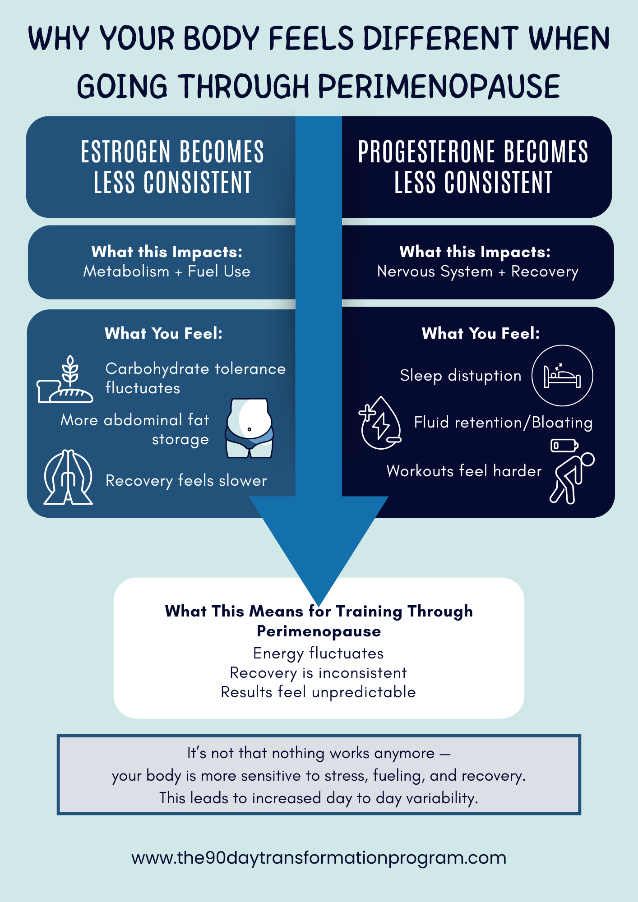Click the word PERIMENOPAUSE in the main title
coord(439,87)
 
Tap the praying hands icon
coord(68,477)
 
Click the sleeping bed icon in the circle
coord(562,376)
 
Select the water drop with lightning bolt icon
coord(380,423)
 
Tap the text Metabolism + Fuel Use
coord(167,272)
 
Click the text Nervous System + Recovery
coord(477,272)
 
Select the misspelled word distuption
coord(484,376)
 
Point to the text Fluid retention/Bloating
coord(503,423)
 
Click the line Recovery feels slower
coord(186,481)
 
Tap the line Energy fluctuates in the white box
coord(319,653)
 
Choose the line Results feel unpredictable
coord(319,692)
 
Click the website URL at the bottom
coord(319,857)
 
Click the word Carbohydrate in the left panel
coord(157,369)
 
